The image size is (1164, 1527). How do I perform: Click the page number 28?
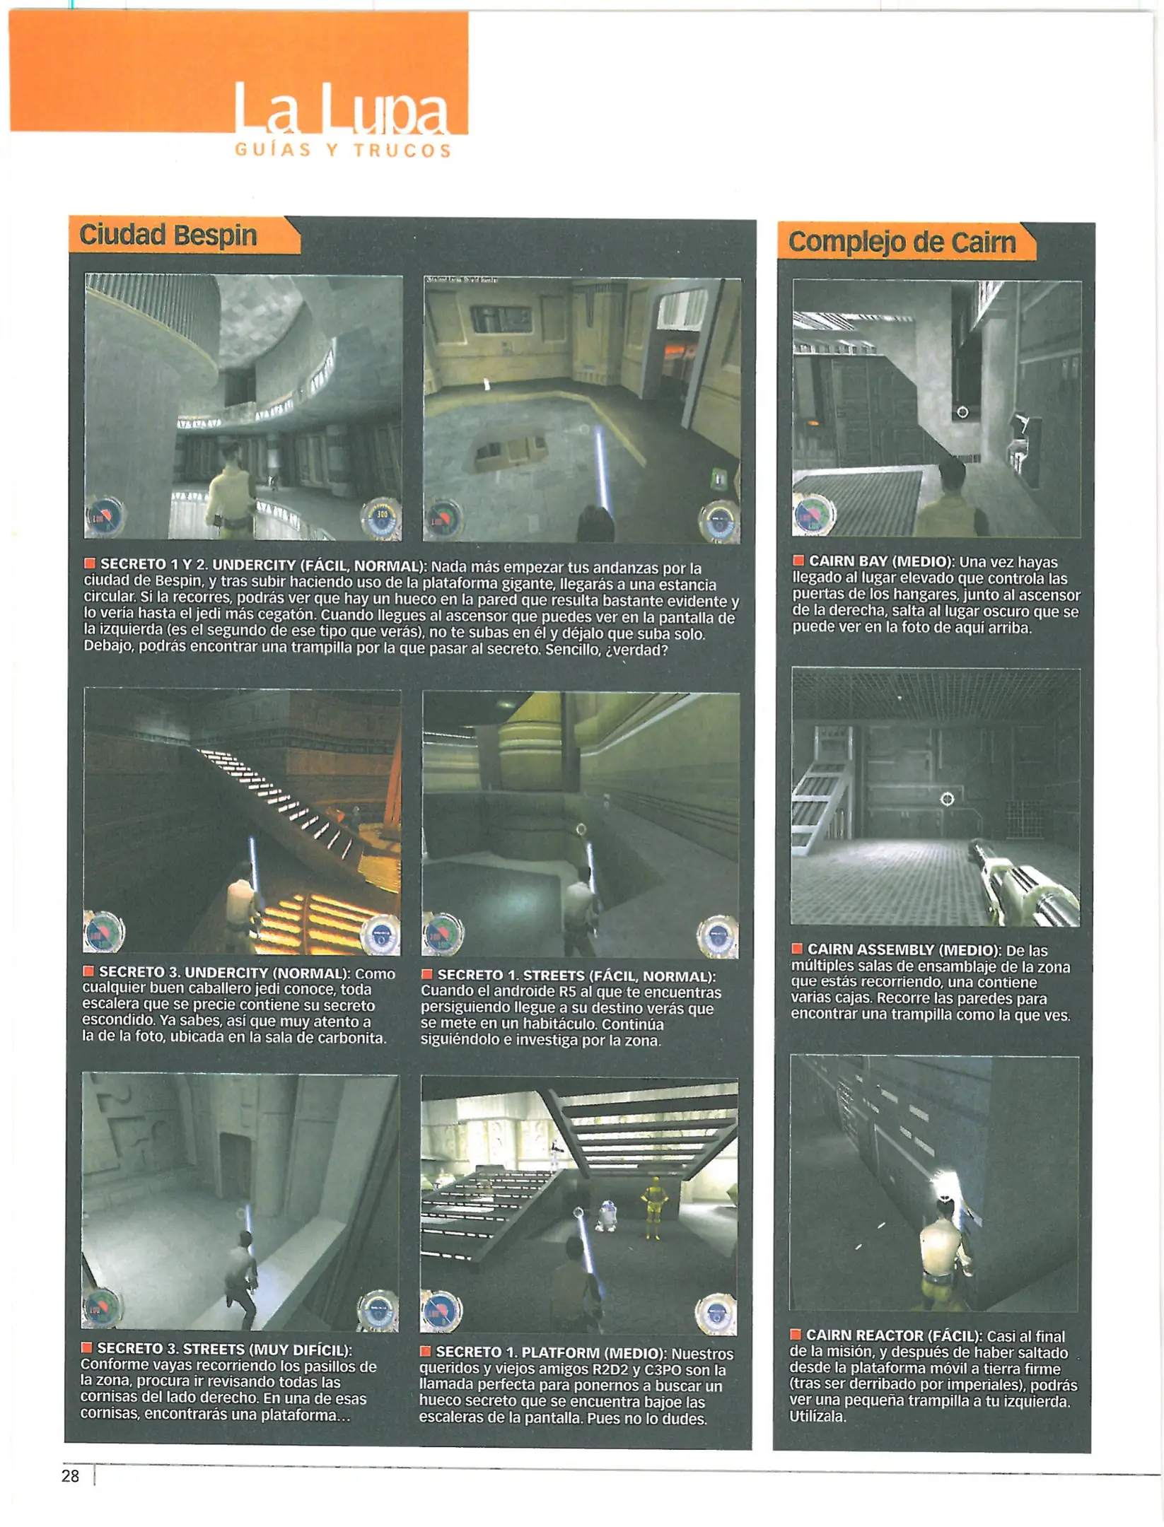(70, 1475)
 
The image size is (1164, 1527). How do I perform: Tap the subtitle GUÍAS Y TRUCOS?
(343, 150)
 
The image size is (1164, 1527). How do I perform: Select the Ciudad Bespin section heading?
(168, 235)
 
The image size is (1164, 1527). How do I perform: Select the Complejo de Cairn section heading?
(902, 242)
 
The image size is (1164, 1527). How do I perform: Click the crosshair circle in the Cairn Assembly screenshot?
(947, 799)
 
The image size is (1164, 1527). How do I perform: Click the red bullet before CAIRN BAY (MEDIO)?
(798, 561)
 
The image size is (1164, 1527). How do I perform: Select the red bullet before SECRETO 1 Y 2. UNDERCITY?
(90, 563)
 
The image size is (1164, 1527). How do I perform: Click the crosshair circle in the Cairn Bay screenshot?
(962, 412)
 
